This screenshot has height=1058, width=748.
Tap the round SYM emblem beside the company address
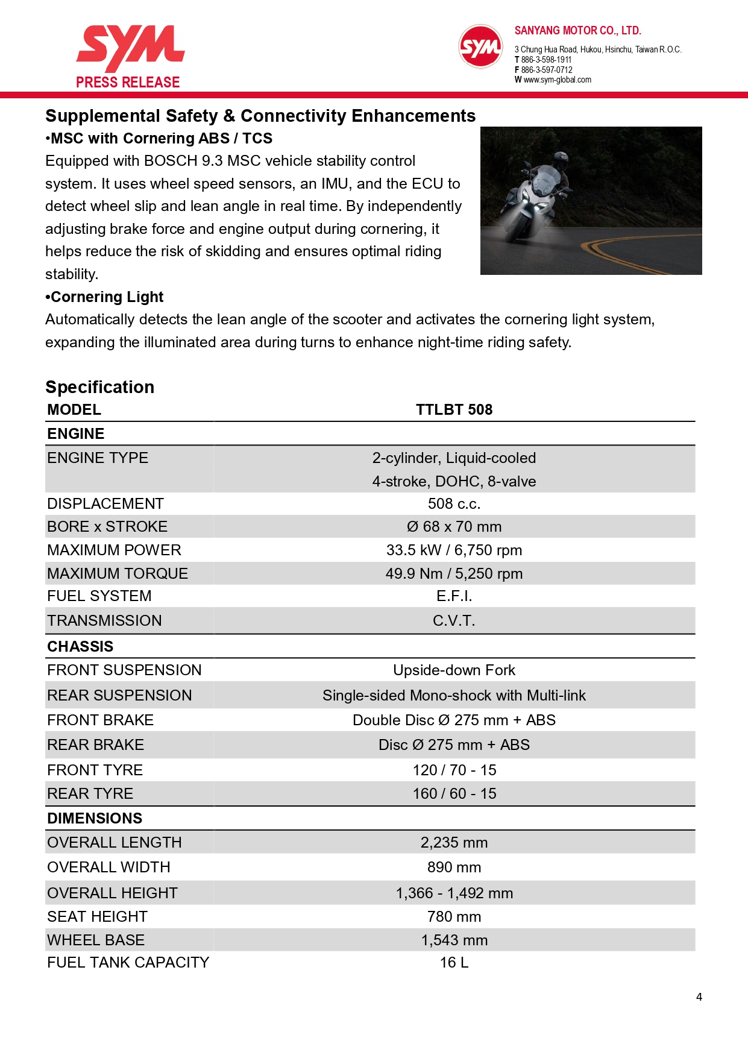click(480, 46)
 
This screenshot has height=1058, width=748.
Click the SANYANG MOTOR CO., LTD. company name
click(577, 31)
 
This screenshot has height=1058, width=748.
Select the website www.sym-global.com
click(557, 80)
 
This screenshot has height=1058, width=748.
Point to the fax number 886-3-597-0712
click(546, 70)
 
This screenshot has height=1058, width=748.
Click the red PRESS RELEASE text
click(128, 83)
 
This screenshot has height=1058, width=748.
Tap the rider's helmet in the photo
click(560, 160)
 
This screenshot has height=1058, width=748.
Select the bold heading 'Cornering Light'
click(107, 297)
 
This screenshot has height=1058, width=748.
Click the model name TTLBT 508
click(454, 410)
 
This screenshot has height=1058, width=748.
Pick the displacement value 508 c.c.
click(454, 504)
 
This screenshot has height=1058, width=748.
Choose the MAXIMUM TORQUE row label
click(118, 574)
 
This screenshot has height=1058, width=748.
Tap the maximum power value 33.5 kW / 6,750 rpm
click(454, 550)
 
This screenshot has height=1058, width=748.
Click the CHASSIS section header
click(80, 647)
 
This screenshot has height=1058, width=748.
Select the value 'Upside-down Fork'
click(454, 670)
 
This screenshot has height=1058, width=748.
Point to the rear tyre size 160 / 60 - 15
click(454, 794)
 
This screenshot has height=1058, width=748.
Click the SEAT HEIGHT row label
click(97, 917)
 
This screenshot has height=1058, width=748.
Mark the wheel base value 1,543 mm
click(454, 940)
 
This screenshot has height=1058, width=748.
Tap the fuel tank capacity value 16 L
click(454, 963)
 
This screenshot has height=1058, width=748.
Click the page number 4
click(699, 997)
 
